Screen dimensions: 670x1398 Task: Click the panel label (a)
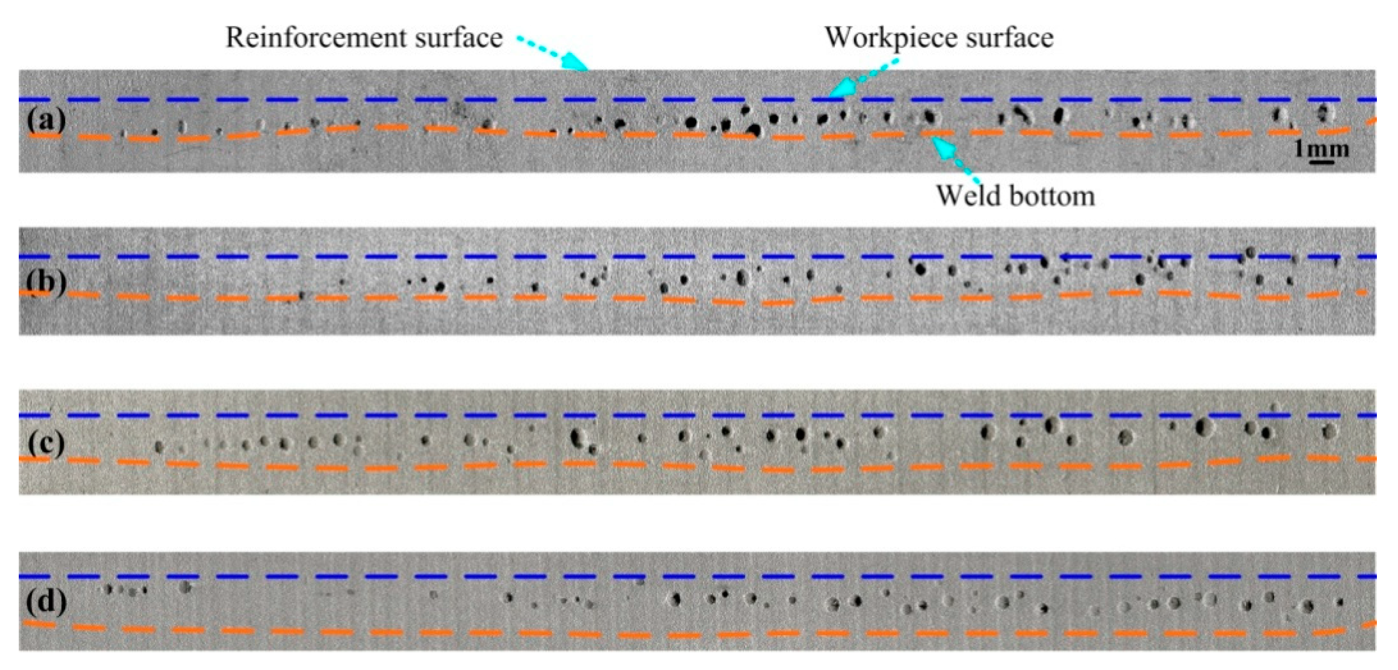[46, 119]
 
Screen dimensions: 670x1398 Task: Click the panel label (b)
[46, 282]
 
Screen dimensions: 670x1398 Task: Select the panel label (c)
[46, 443]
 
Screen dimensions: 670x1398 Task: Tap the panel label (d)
[46, 601]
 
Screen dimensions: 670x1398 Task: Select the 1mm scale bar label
[1321, 148]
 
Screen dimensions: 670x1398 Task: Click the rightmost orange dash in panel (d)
[1371, 624]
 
